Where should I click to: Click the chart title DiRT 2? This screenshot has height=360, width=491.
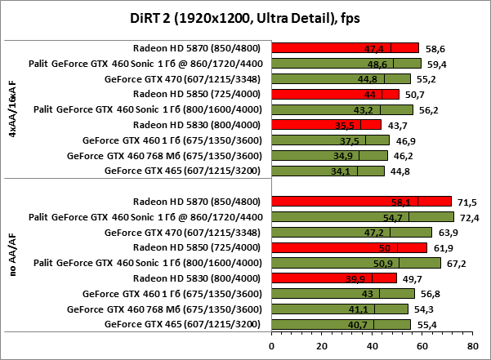pyautogui.click(x=245, y=19)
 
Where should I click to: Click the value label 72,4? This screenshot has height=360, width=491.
pyautogui.click(x=470, y=217)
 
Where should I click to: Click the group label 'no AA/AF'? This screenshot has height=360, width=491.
pyautogui.click(x=12, y=262)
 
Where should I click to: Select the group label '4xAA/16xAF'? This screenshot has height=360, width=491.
pyautogui.click(x=12, y=109)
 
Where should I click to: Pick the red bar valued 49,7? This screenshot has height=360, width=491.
pyautogui.click(x=334, y=278)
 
